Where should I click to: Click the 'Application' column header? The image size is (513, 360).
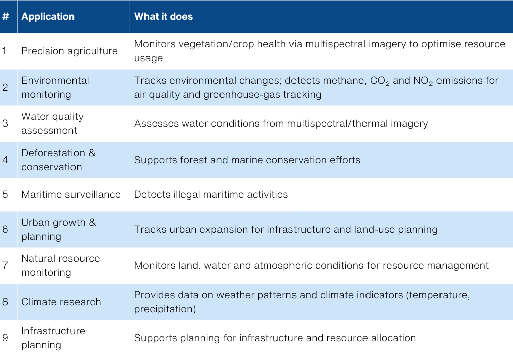pos(48,16)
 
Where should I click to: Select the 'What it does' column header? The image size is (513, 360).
pos(164,16)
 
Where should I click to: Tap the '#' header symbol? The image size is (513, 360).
pos(5,16)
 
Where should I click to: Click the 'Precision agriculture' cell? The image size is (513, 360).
pos(69,51)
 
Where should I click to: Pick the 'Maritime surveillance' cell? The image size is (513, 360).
pos(71,194)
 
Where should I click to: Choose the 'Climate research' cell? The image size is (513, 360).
pos(61,302)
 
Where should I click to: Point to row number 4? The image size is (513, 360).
pos(5,160)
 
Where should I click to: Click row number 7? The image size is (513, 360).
pos(5,265)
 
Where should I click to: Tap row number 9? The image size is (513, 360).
pos(5,338)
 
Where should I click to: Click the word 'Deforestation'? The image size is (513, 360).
pos(53,153)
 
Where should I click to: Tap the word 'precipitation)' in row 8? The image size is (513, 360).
pos(165,309)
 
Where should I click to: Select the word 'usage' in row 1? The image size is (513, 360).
pos(149,58)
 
